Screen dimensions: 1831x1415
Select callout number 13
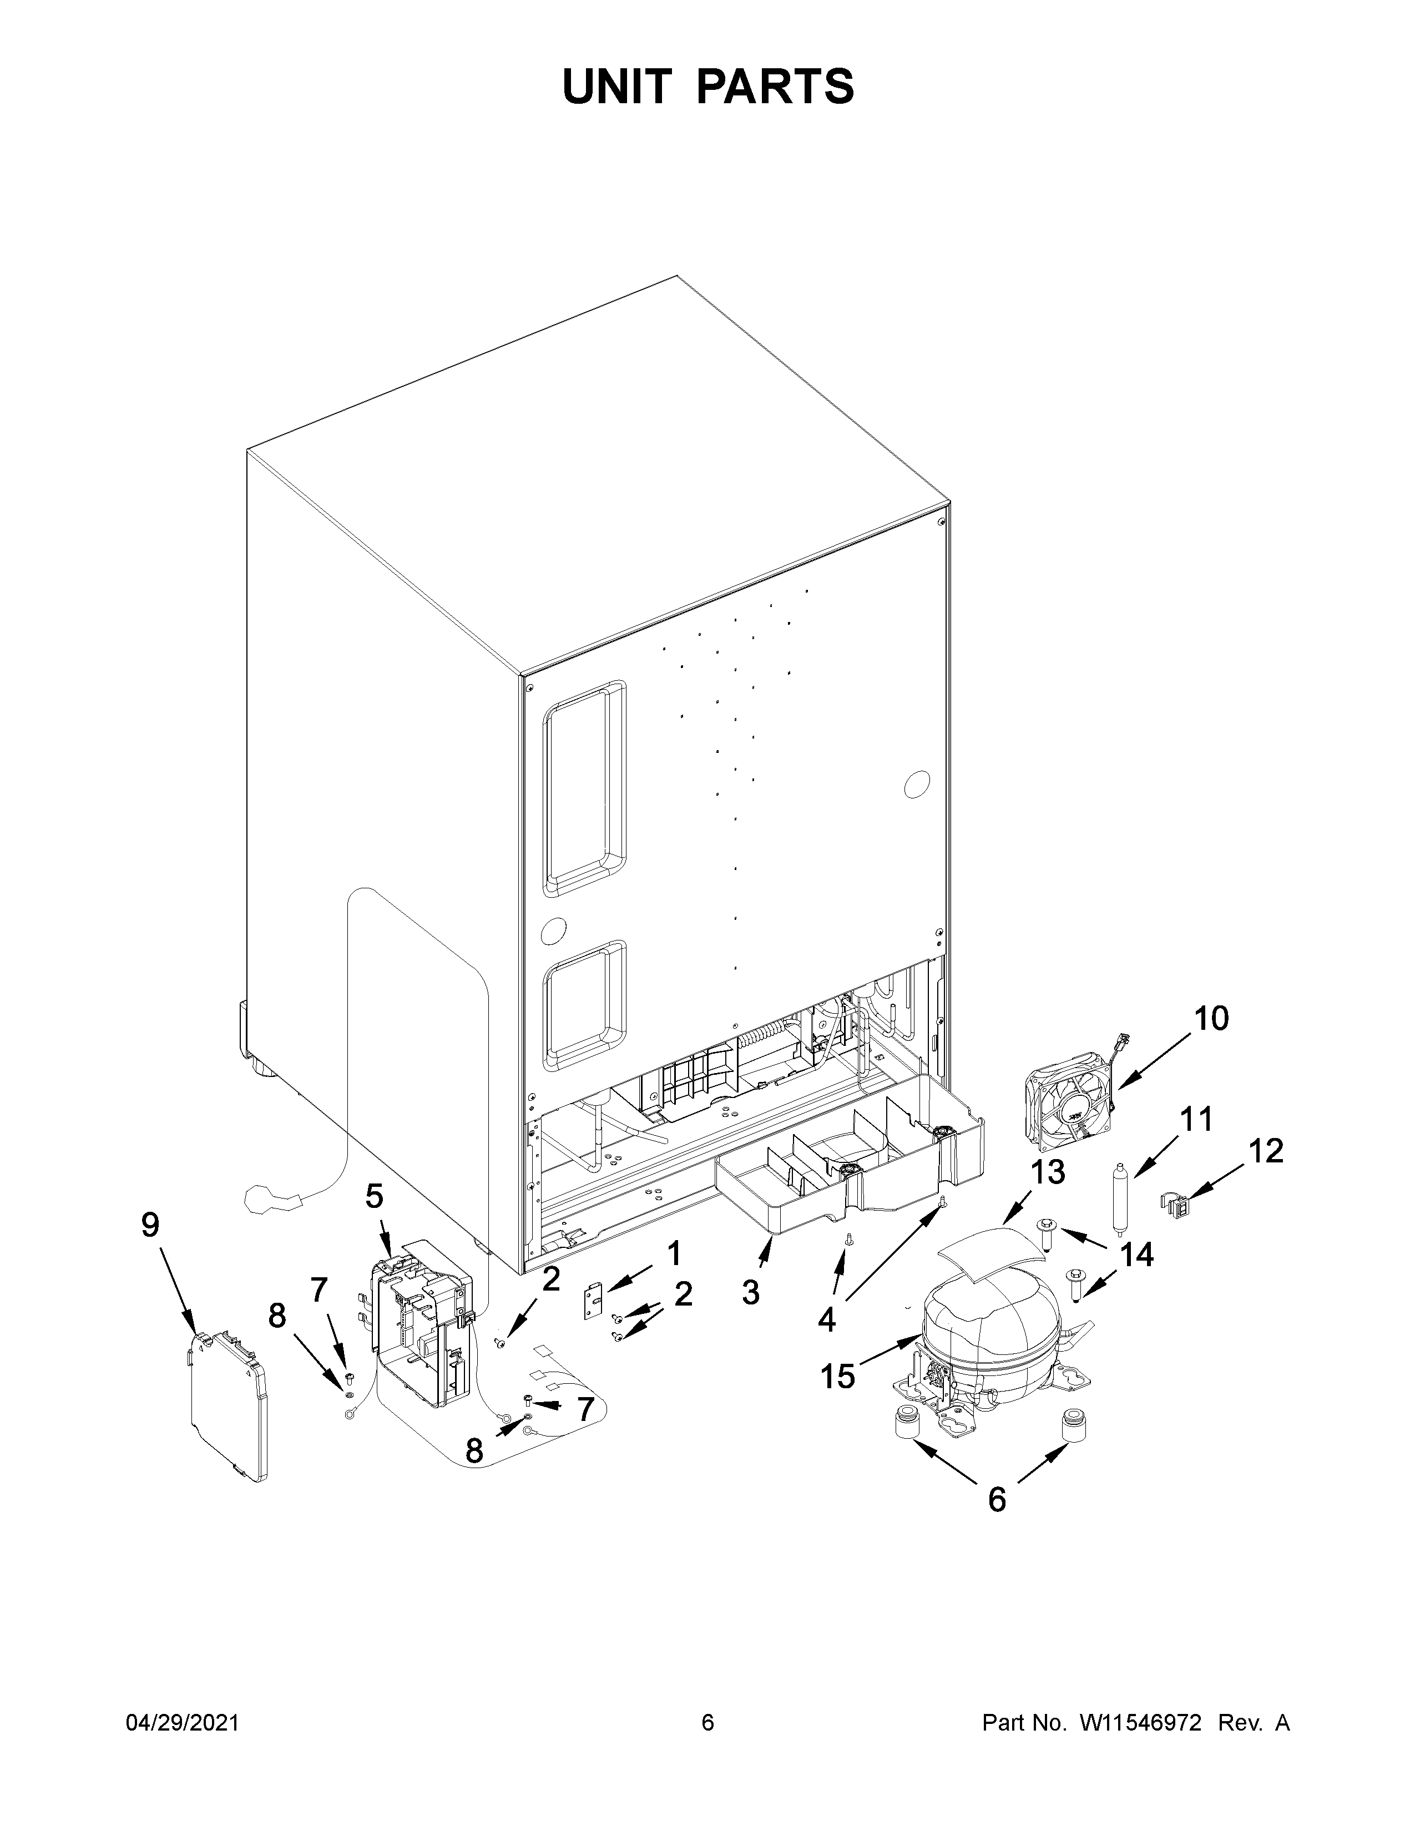[x=1047, y=1172]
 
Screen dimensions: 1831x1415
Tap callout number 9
[x=149, y=1225]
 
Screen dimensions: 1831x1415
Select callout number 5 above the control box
[x=374, y=1196]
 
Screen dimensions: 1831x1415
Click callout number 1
[x=673, y=1254]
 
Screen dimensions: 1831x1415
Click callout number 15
[x=837, y=1376]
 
